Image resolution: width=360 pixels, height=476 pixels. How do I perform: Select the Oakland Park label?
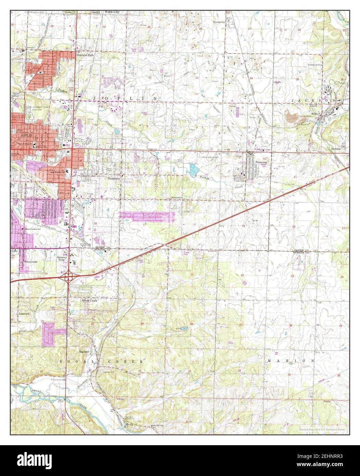(85, 55)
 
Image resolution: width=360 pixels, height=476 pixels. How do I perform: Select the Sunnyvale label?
(30, 261)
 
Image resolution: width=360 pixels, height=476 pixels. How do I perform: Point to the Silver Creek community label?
(89, 300)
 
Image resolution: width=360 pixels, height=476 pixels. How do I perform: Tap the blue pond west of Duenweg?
(194, 168)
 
